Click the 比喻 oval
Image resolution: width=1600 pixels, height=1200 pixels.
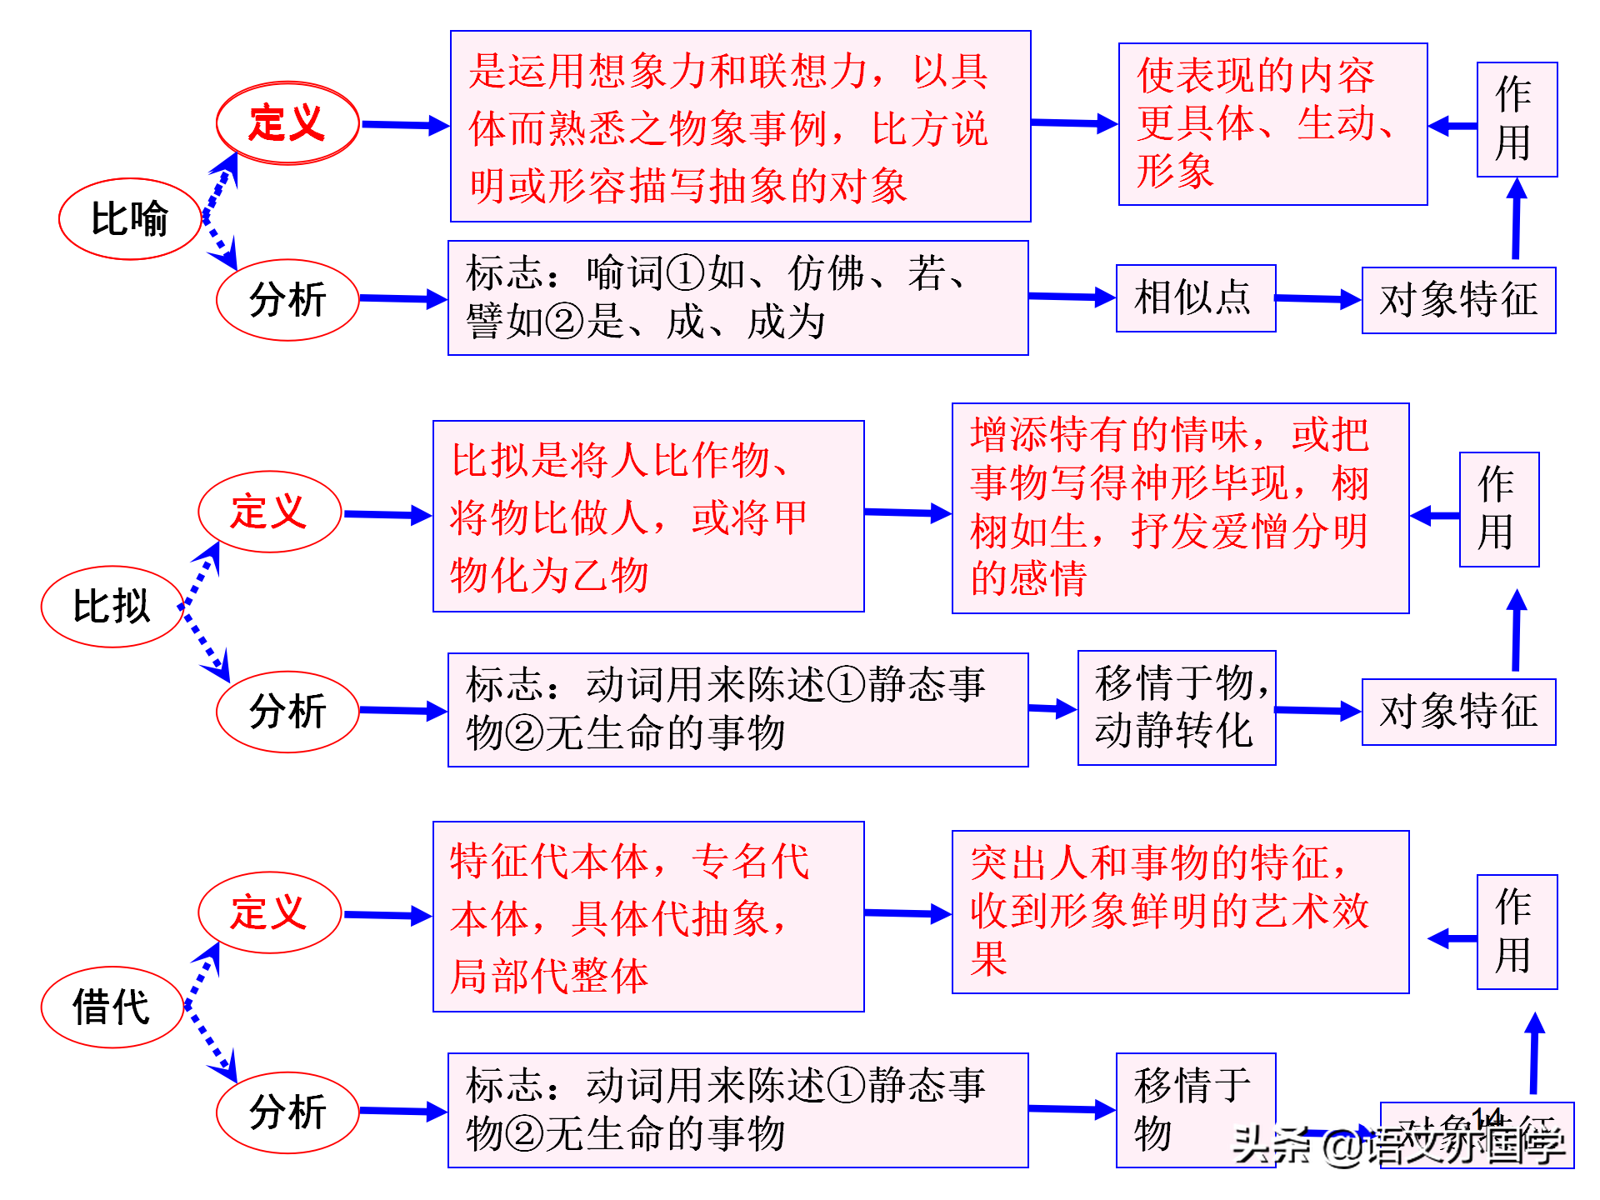130,219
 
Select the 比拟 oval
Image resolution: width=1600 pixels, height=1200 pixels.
112,607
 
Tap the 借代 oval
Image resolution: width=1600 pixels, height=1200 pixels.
112,1007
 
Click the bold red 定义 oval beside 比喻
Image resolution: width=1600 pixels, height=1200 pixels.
287,123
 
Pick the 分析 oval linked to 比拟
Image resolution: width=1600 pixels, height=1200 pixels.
287,712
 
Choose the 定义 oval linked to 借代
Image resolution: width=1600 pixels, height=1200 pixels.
269,912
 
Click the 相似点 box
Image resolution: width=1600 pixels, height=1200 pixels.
1195,298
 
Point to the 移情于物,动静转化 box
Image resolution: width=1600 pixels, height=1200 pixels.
1176,707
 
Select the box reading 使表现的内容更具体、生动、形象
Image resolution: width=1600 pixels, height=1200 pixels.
1272,124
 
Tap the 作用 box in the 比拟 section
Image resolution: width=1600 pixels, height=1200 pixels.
1498,509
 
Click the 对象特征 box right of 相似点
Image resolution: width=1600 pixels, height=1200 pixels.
1458,300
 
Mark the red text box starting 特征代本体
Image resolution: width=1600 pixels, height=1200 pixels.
647,917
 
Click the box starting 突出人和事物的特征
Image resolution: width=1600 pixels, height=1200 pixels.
1179,912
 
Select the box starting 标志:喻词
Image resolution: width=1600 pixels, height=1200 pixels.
737,298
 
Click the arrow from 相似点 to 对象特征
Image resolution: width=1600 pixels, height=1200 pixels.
1317,298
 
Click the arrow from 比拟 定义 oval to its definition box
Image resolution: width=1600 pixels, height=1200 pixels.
387,515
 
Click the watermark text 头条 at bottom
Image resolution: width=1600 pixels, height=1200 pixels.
1270,1145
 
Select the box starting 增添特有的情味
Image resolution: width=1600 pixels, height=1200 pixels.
1179,508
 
